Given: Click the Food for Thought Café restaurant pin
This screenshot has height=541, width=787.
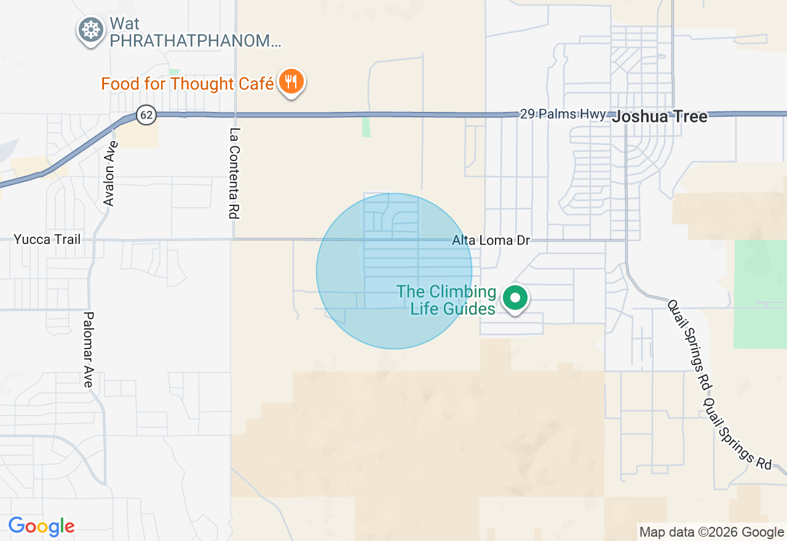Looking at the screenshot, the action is click(x=291, y=82).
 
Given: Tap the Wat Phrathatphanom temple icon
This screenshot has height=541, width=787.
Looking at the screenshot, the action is click(x=91, y=30).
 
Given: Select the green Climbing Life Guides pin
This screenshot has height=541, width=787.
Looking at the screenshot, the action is click(x=515, y=298).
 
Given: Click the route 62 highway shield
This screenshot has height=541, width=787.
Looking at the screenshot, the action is click(x=146, y=114).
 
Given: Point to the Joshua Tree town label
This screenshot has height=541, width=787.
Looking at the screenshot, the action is click(x=659, y=116).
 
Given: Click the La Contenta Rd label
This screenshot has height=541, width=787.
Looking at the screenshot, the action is click(x=234, y=173).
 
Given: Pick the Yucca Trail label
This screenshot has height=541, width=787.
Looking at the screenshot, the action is click(x=47, y=239).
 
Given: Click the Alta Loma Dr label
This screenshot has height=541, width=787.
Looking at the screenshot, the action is click(x=491, y=240).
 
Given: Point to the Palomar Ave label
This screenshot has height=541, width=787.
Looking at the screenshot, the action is click(x=89, y=350).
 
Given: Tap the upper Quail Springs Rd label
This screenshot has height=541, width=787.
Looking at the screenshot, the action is click(x=689, y=344).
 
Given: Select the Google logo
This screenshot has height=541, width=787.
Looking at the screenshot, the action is click(x=41, y=527).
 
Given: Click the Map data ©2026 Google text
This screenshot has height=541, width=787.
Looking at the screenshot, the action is click(x=711, y=532).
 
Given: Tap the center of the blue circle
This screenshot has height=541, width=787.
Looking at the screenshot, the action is click(x=394, y=271).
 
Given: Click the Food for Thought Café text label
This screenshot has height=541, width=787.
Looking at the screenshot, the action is click(x=188, y=84).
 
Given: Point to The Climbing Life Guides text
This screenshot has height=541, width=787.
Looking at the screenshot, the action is click(x=446, y=300).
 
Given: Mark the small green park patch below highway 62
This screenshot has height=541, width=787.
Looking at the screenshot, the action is click(x=366, y=127).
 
